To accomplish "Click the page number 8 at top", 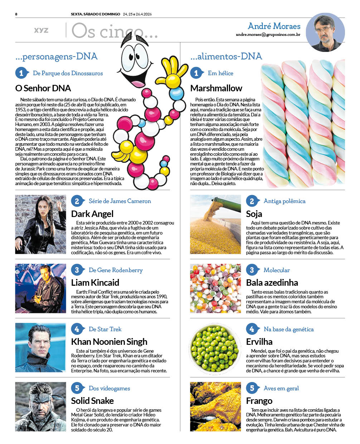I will pos(16,14).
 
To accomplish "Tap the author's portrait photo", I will pos(325,33).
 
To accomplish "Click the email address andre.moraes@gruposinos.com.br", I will pos(268,35).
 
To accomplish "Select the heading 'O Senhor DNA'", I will pos(43,88).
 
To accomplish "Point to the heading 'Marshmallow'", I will pos(216,88).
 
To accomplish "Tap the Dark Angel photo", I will pos(40,225).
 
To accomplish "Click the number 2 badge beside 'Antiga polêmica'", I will pos(252,201).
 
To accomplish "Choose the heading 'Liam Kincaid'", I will pos(95,283).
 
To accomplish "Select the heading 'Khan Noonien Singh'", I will pos(109,342).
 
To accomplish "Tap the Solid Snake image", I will pos(40,406).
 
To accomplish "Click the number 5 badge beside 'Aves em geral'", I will pos(252,388).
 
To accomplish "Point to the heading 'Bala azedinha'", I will pos(272,283).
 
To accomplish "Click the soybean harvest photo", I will pos(215,225).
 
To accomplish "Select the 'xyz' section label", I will pos(41,30).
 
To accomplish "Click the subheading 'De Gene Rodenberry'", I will pos(116,270).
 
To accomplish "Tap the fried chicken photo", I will pos(215,406).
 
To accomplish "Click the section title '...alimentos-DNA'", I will pos(226,56).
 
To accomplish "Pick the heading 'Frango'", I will pos(259,401).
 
